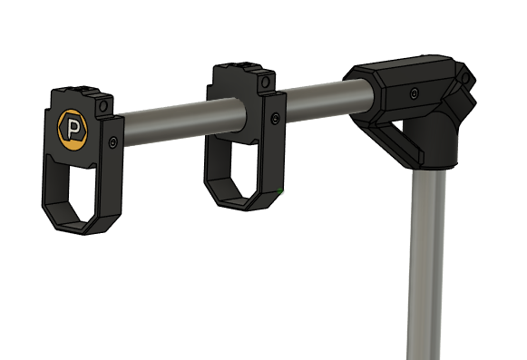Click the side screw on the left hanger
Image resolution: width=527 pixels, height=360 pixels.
tap(112, 141)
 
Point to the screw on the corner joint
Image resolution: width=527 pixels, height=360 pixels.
tap(414, 93)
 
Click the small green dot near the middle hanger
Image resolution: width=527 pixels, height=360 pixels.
tap(284, 190)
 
